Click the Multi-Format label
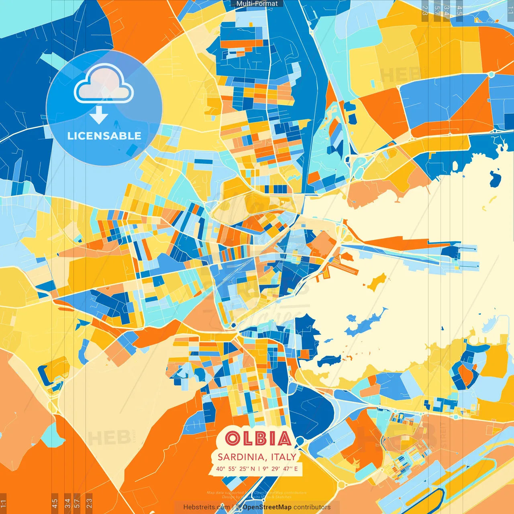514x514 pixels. point(257,4)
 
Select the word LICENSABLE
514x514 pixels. point(104,136)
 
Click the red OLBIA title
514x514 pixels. point(258,439)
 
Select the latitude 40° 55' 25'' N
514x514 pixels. point(235,469)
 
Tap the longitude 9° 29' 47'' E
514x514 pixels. point(281,469)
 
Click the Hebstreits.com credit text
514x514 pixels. point(206,507)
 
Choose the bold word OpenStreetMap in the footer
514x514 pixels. point(267,507)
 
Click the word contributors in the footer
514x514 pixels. point(312,507)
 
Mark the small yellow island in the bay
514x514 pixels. point(377,282)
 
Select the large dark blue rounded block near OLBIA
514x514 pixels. point(311,410)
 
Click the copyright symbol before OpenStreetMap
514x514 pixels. point(238,507)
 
